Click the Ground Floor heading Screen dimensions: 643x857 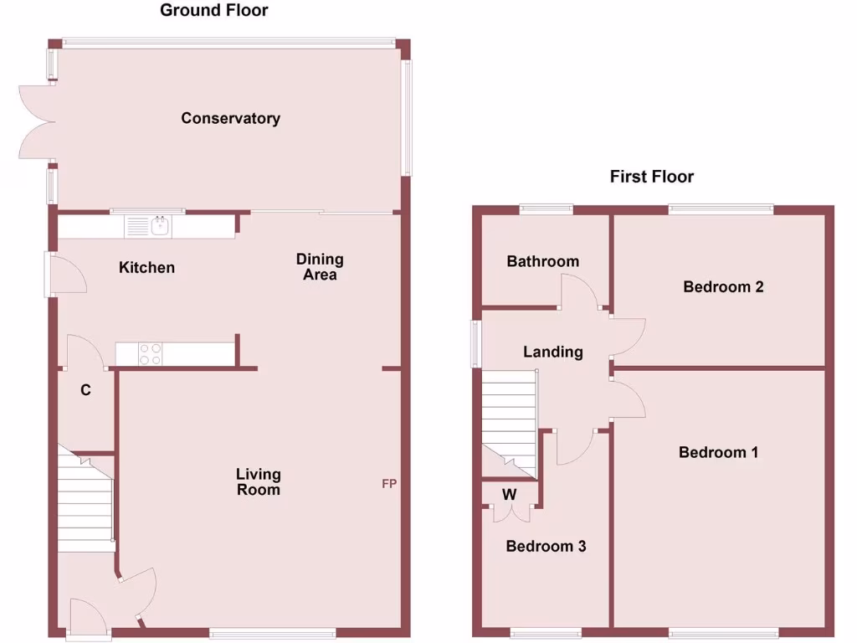pos(214,11)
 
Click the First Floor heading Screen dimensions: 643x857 pos(651,177)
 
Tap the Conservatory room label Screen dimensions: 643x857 pos(230,118)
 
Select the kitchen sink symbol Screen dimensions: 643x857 pos(159,226)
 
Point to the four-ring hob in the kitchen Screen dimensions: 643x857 pos(150,354)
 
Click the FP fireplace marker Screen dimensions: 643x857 pos(389,484)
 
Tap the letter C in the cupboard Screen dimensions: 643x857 pos(85,389)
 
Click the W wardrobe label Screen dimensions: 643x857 pos(509,494)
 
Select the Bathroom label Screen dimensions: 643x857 pos(542,261)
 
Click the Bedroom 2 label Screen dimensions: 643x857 pos(723,286)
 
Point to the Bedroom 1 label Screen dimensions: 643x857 pos(718,452)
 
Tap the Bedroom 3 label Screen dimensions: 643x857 pos(546,546)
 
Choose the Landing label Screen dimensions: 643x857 pos(552,352)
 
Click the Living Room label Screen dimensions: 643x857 pos(258,481)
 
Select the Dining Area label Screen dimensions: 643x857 pos(320,266)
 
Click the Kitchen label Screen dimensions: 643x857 pos(146,267)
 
